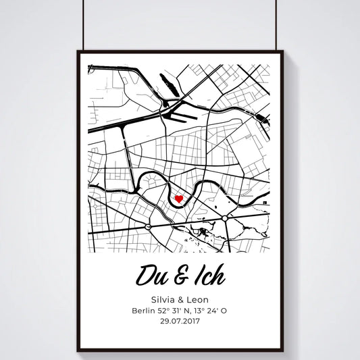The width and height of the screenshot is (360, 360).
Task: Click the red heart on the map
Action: click(179, 199)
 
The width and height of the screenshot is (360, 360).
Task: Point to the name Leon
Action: click(197, 299)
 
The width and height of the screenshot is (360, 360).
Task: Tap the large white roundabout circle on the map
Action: click(224, 218)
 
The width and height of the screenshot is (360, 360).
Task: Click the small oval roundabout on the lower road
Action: click(147, 228)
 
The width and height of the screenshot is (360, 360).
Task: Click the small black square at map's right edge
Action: click(267, 202)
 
